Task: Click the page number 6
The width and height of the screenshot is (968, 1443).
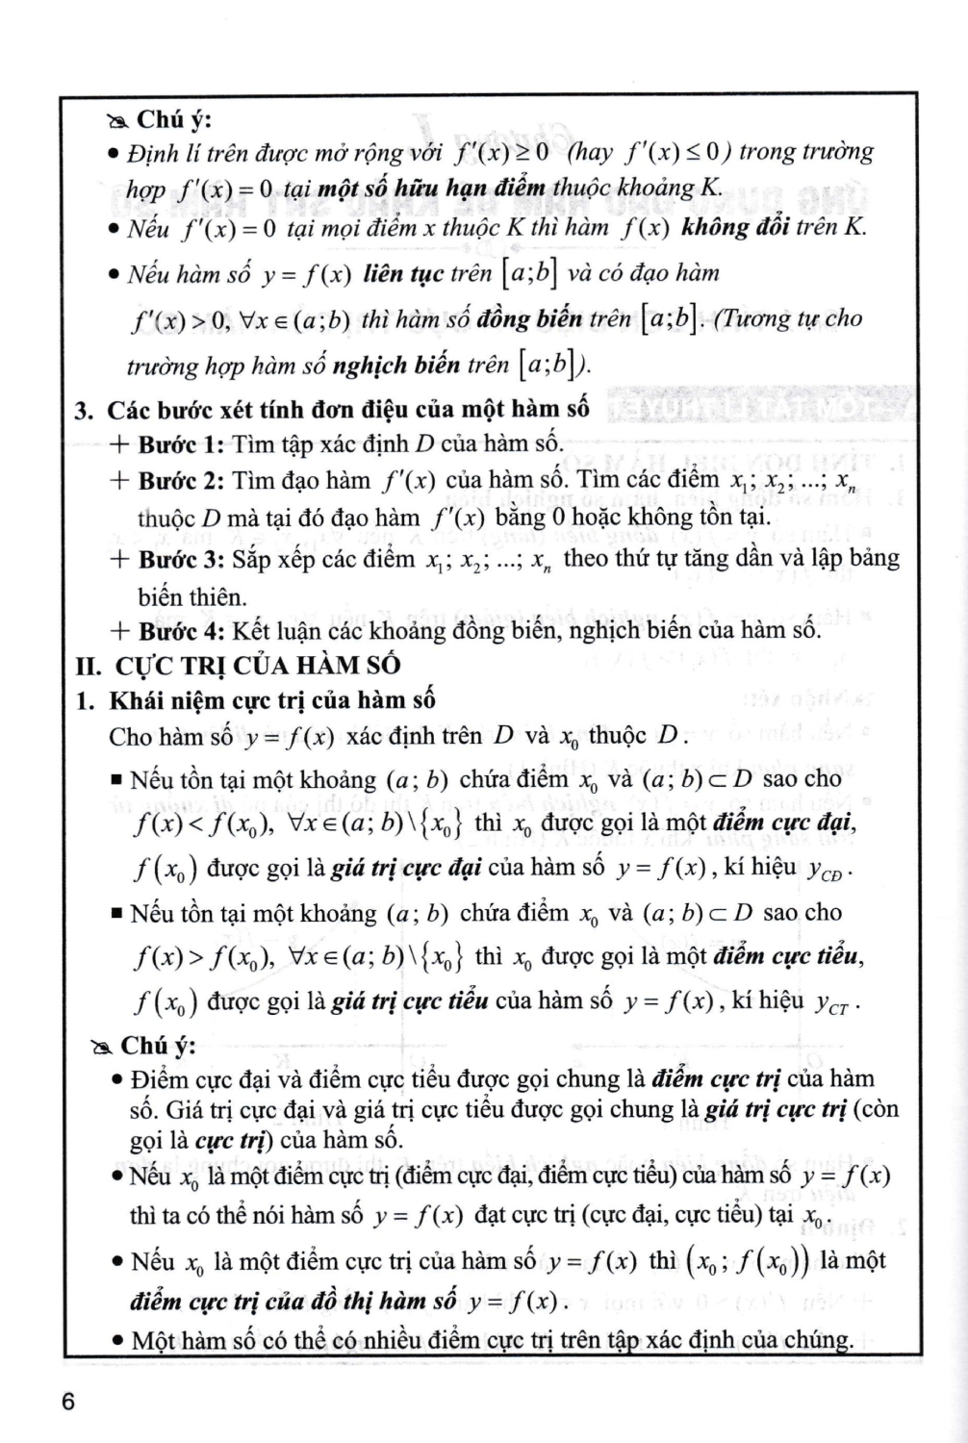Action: [x=67, y=1402]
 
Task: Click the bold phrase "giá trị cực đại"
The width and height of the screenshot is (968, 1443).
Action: [x=405, y=868]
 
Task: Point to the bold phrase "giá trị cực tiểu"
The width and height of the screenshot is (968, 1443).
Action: [x=409, y=1000]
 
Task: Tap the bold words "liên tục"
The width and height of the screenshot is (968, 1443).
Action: [x=403, y=274]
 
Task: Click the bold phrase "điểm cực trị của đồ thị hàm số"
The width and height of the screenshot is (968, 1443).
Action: [x=293, y=1301]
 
